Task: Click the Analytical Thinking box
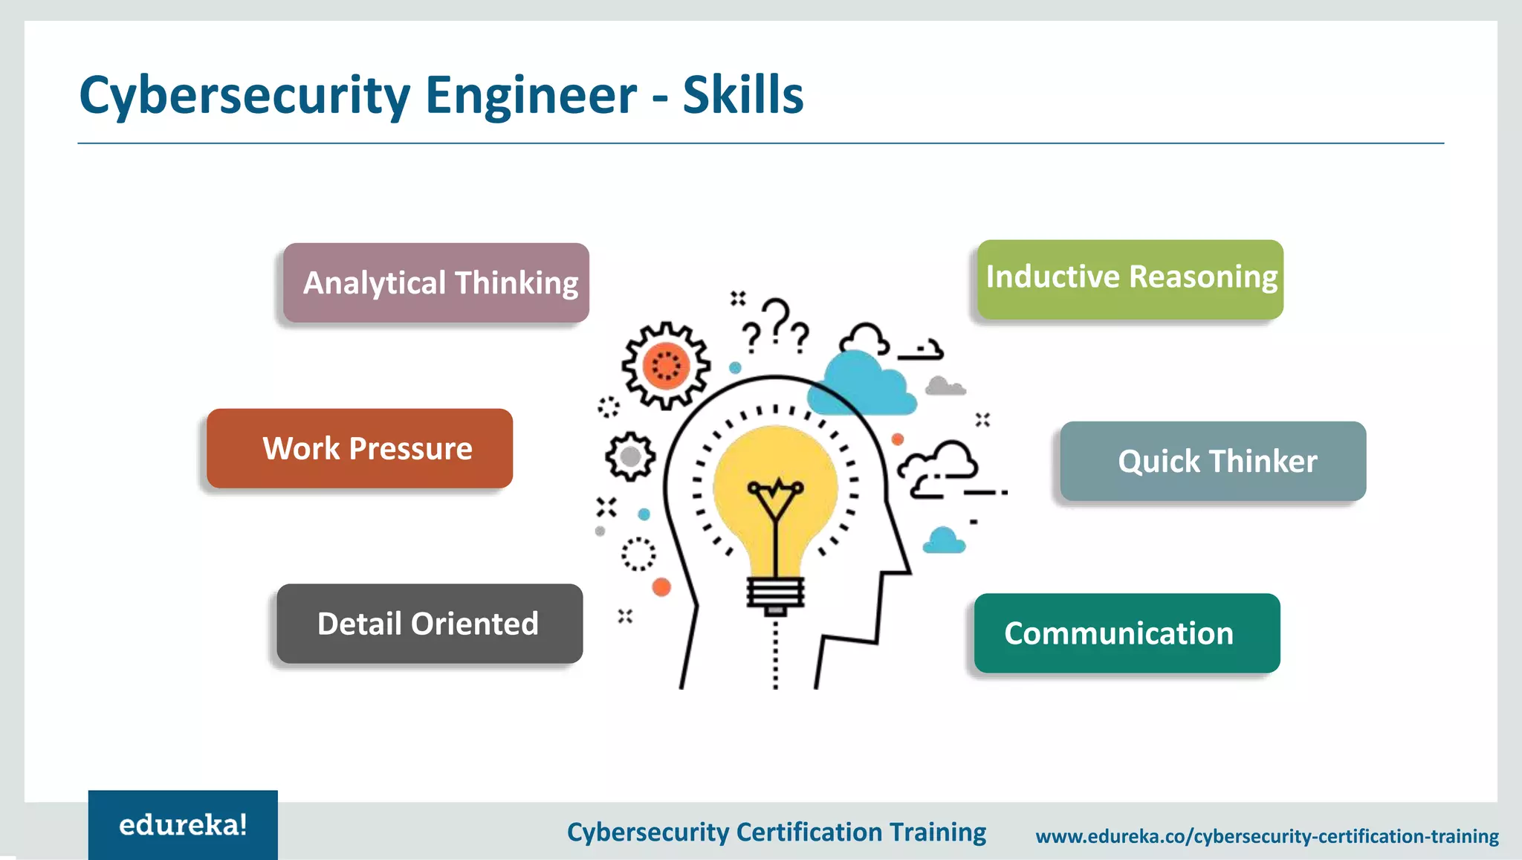(x=436, y=282)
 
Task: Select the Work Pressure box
(x=360, y=448)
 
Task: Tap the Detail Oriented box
(x=430, y=624)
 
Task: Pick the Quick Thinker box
(x=1213, y=461)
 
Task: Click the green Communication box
(x=1127, y=633)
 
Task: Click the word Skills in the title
(x=742, y=95)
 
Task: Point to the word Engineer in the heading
(x=531, y=95)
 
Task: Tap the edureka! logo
(x=183, y=825)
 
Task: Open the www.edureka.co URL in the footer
(x=1266, y=836)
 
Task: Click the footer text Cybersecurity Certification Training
(x=776, y=832)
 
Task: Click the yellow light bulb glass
(x=776, y=476)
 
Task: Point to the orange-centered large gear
(x=666, y=365)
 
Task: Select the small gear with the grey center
(x=630, y=456)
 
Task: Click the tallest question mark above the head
(x=777, y=320)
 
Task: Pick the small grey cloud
(x=944, y=386)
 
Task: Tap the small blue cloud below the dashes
(x=944, y=540)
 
